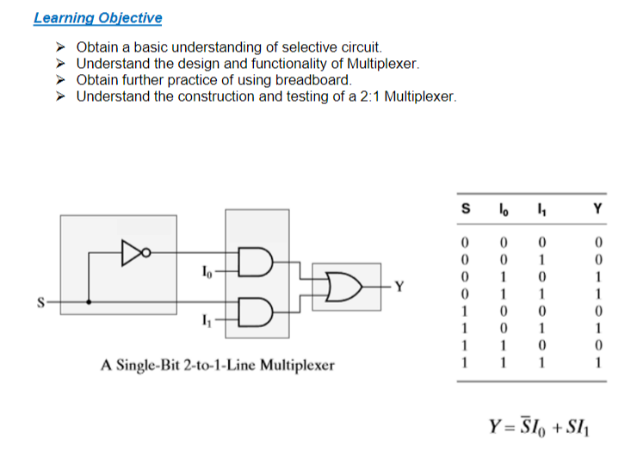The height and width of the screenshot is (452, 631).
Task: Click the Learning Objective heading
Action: pyautogui.click(x=97, y=18)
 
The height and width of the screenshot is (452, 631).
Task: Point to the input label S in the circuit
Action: pyautogui.click(x=40, y=301)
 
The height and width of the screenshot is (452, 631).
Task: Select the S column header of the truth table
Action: pyautogui.click(x=467, y=207)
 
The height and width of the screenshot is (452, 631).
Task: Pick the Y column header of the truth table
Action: pyautogui.click(x=597, y=207)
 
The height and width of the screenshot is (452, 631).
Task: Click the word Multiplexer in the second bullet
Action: pyautogui.click(x=384, y=64)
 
